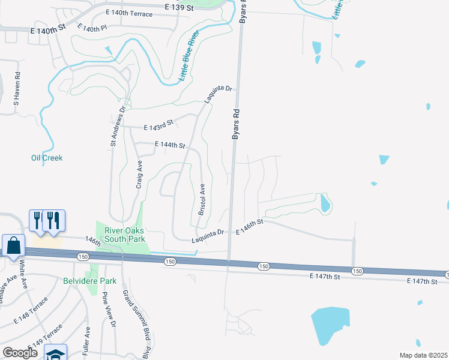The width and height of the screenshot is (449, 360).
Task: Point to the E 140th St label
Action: pyautogui.click(x=47, y=29)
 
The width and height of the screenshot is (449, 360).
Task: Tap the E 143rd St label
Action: pyautogui.click(x=159, y=125)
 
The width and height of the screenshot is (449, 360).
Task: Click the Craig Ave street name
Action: pyautogui.click(x=139, y=175)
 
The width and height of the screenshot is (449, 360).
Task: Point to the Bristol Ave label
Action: pyautogui.click(x=202, y=200)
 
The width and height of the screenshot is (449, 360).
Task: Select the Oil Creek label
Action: pyautogui.click(x=47, y=158)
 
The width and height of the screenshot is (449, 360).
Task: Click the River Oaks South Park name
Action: pyautogui.click(x=125, y=235)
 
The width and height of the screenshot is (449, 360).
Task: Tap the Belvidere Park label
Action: pyautogui.click(x=89, y=280)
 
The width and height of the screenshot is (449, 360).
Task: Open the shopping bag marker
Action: pyautogui.click(x=13, y=246)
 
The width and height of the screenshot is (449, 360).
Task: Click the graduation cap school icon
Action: pyautogui.click(x=55, y=354)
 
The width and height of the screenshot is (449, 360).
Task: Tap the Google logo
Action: pyautogui.click(x=20, y=353)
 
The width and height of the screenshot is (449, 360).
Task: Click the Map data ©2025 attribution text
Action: pyautogui.click(x=424, y=355)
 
